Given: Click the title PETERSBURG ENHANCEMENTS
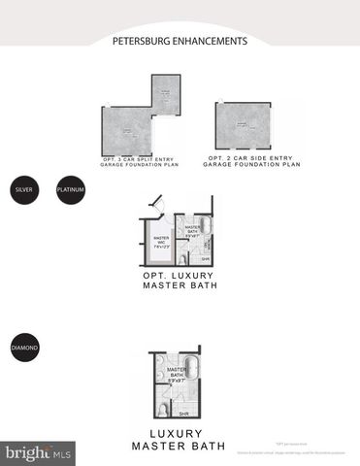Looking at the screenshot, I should pos(180,42).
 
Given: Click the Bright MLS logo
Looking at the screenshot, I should pos(37,451).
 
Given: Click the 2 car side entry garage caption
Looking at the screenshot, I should pos(251,161).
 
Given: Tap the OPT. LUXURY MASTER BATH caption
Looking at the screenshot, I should pos(180,281).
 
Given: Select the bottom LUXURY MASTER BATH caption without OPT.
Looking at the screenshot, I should pos(180,439).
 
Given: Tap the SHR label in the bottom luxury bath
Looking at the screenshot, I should pos(184,413).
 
